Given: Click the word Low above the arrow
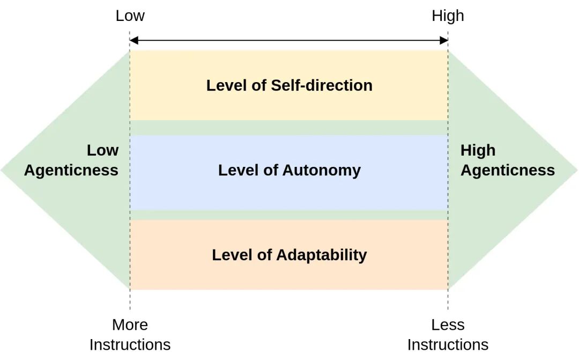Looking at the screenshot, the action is point(130,16).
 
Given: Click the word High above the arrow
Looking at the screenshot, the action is point(448,16).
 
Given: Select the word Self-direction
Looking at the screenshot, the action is point(322,85).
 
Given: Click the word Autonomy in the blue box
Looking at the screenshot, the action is point(321,171).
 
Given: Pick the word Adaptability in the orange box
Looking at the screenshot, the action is point(321,255).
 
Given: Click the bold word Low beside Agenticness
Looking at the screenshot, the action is point(102,150).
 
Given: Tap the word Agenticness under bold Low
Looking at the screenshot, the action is point(71,171).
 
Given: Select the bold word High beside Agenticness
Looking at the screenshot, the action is point(478,150).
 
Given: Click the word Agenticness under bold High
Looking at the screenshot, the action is point(508,171).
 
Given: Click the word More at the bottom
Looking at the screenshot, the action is point(130,325).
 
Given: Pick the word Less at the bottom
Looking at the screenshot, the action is point(448,325).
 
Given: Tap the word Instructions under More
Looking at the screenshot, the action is point(130,345).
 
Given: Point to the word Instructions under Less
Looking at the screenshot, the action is point(448,345).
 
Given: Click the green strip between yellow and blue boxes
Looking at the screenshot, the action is point(289,128).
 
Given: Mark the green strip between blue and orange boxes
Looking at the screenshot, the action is point(289,215).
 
